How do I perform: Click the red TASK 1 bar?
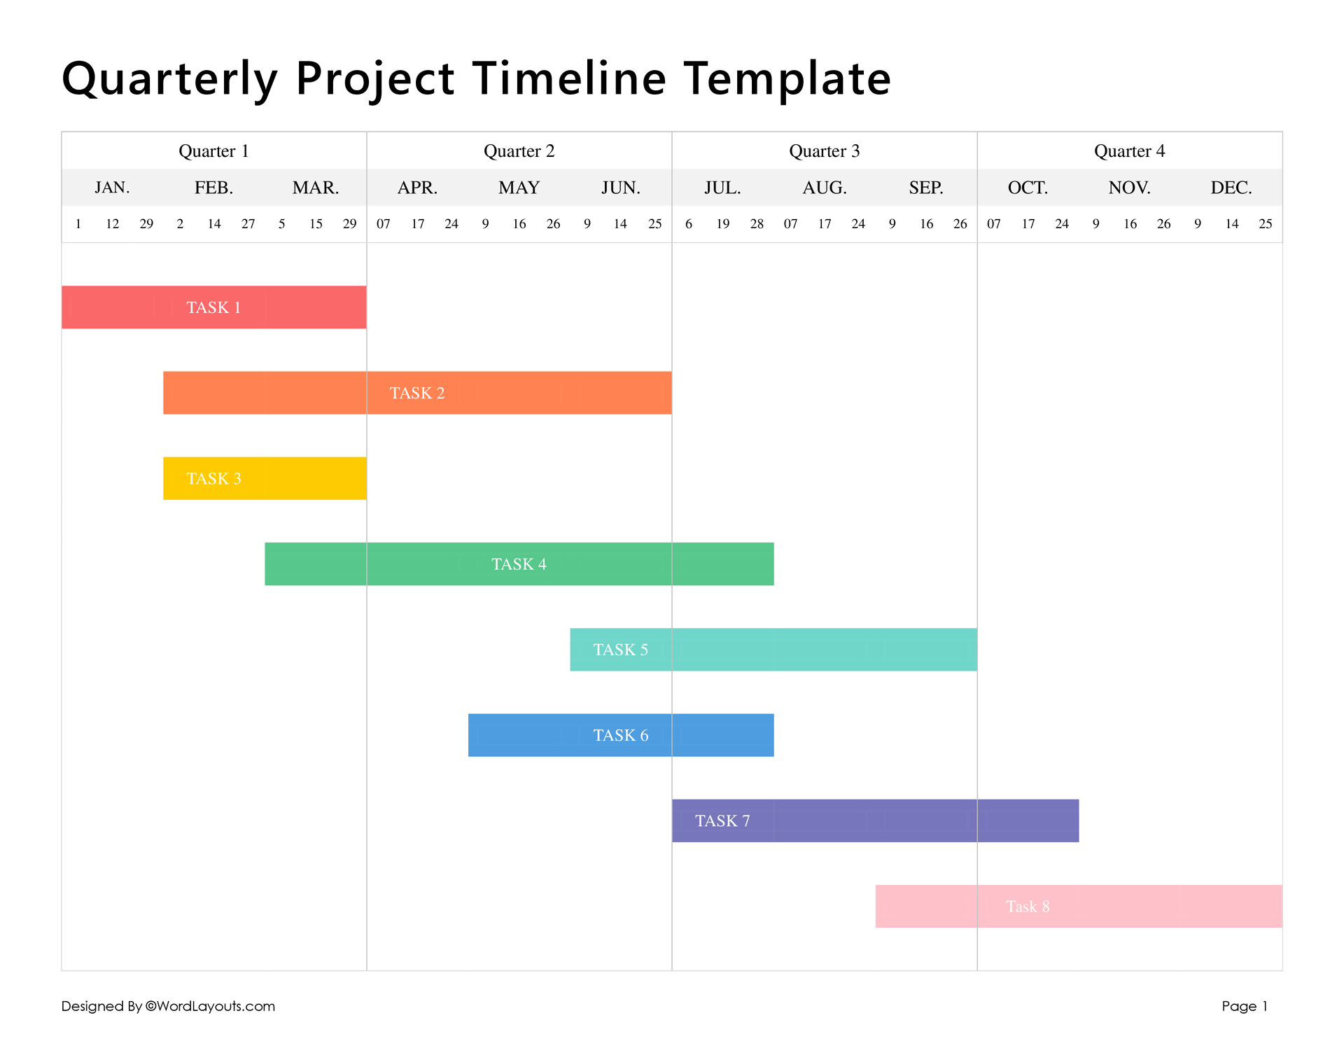(x=213, y=307)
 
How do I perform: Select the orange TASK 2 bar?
(x=417, y=393)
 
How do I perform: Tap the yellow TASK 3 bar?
(x=265, y=478)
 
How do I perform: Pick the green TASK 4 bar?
(x=519, y=564)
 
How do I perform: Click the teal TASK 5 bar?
(x=773, y=650)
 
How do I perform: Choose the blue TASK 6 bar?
(x=621, y=735)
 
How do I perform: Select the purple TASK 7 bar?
(x=875, y=821)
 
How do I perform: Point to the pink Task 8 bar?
(x=1079, y=906)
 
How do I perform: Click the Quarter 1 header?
(x=213, y=151)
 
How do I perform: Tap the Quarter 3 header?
(x=824, y=151)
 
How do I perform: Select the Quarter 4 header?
(x=1129, y=151)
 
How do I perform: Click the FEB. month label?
(x=213, y=188)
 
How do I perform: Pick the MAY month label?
(x=519, y=188)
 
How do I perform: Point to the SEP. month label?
(x=926, y=188)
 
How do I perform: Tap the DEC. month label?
(x=1231, y=188)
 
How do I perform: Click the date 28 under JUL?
(x=757, y=224)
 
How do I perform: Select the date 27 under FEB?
(x=248, y=224)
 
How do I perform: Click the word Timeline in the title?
(x=568, y=78)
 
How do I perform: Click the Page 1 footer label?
(x=1245, y=1006)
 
